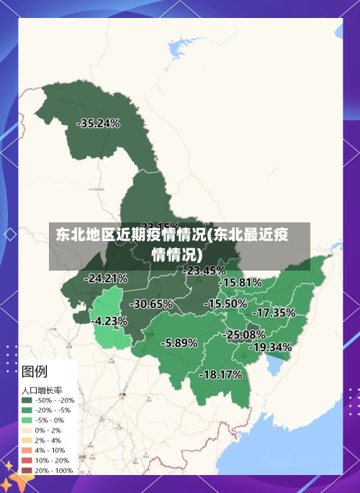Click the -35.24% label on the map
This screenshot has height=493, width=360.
98,123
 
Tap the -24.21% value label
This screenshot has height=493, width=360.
106,278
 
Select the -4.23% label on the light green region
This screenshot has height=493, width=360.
111,321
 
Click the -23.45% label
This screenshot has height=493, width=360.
204,271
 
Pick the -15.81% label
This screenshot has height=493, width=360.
240,283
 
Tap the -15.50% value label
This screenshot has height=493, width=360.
225,304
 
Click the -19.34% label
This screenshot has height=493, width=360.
271,347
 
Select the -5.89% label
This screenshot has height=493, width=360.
179,343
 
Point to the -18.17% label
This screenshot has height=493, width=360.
220,374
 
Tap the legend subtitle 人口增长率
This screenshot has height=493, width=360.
42,390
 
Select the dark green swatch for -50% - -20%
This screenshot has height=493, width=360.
27,400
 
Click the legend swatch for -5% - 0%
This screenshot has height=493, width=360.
27,420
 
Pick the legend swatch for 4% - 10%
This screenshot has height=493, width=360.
27,451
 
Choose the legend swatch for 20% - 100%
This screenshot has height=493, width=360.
27,471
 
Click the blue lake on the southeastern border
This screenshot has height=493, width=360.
274,367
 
